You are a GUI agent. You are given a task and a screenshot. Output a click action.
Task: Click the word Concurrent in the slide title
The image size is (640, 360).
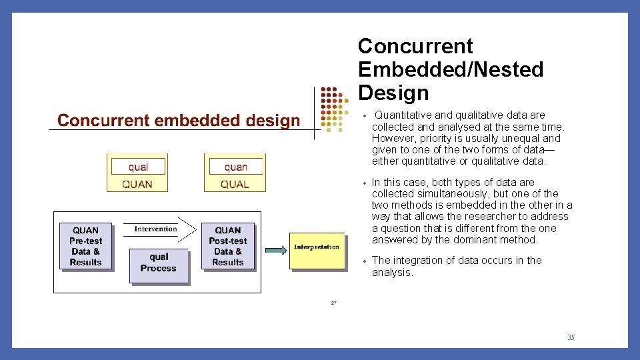pyautogui.click(x=415, y=47)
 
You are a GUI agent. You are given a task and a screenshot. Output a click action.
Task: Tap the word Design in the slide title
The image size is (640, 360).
pyautogui.click(x=393, y=93)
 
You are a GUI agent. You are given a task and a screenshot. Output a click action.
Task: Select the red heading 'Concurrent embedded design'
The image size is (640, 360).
pyautogui.click(x=179, y=121)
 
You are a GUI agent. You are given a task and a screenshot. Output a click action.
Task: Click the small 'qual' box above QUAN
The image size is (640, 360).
pyautogui.click(x=138, y=167)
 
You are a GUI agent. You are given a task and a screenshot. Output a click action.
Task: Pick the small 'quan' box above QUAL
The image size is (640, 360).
pyautogui.click(x=235, y=167)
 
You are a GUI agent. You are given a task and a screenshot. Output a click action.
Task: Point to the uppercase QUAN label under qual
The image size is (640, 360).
pyautogui.click(x=137, y=184)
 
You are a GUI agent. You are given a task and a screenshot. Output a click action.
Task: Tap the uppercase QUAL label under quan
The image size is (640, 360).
pyautogui.click(x=235, y=184)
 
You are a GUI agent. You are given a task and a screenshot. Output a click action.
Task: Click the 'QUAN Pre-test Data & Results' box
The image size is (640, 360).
pyautogui.click(x=85, y=246)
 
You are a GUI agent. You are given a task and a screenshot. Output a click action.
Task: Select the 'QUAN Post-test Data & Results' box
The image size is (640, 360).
pyautogui.click(x=228, y=246)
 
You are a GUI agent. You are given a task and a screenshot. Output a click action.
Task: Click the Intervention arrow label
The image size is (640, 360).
pyautogui.click(x=156, y=229)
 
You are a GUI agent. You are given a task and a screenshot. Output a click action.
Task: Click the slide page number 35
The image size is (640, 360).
pyautogui.click(x=571, y=337)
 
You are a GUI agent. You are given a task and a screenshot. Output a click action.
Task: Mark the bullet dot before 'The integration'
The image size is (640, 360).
pyautogui.click(x=364, y=261)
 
